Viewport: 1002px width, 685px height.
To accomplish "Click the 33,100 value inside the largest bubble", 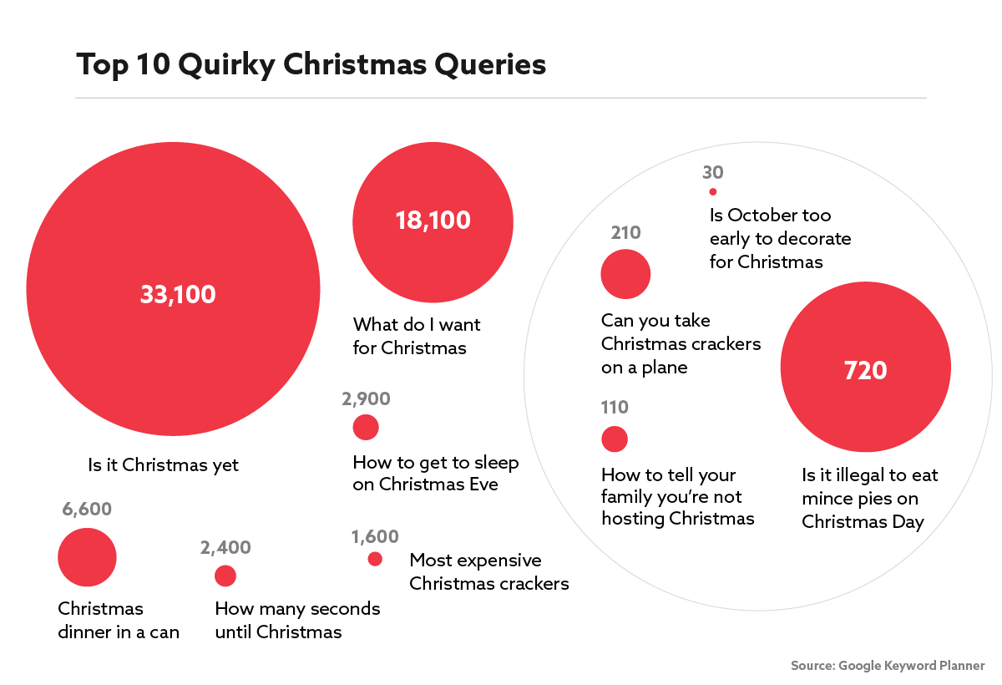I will [x=178, y=295].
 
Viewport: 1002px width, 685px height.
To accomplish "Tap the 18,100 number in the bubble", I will [x=433, y=221].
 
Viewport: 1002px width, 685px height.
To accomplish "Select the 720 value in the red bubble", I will [x=865, y=370].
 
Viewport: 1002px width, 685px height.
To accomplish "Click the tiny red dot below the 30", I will [x=712, y=192].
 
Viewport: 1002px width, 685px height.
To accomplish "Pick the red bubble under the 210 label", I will [x=625, y=274].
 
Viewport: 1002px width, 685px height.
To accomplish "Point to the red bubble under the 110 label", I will [x=614, y=439].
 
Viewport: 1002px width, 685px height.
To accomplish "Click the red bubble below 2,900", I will [x=366, y=428].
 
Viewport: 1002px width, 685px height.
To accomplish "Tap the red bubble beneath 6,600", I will [x=87, y=557].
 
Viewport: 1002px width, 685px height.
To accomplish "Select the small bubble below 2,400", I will [x=225, y=576].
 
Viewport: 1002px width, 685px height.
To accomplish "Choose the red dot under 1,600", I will [x=375, y=559].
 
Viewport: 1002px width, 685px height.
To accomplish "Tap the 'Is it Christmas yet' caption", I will [x=164, y=465].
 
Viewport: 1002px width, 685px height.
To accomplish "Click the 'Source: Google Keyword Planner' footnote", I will [x=888, y=666].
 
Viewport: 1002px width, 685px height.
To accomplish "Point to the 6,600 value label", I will [x=86, y=510].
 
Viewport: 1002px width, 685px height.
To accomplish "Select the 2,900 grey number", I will [x=366, y=399].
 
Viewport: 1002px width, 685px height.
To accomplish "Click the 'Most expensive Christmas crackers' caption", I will [x=488, y=571].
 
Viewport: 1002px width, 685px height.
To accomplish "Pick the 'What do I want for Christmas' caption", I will [x=417, y=335].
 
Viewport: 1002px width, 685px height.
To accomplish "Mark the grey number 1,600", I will [x=375, y=536].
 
